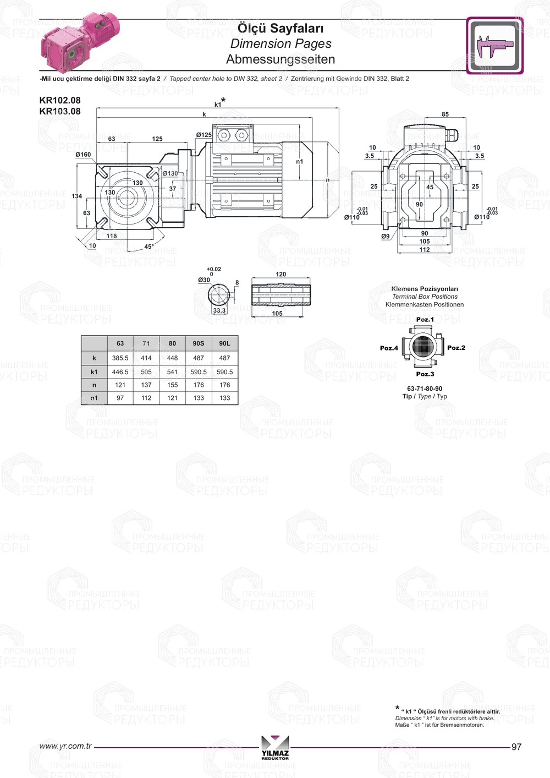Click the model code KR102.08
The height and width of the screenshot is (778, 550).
point(60,100)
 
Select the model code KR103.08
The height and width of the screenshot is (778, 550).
point(60,111)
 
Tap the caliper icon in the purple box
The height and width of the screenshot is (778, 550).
point(494,46)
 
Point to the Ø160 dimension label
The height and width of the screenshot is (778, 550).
point(83,155)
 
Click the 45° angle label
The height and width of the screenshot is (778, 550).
point(149,246)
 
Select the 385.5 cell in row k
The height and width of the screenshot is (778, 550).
point(120,358)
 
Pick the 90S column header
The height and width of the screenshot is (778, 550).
point(199,343)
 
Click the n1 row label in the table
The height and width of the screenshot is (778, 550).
point(94,398)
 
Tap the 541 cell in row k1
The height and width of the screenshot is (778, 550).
point(172,372)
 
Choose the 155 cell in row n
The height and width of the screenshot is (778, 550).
point(172,385)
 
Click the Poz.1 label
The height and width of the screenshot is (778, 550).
point(425,320)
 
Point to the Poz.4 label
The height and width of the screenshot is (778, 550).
point(389,348)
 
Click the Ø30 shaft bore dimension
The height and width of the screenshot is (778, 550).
point(204,280)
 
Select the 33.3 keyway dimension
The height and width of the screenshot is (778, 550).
point(219,310)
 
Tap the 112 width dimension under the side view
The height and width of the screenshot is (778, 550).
point(425,250)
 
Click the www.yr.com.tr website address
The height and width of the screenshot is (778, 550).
point(65,746)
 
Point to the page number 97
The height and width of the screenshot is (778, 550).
point(516,747)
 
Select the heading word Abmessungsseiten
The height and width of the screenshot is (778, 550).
point(280,59)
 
